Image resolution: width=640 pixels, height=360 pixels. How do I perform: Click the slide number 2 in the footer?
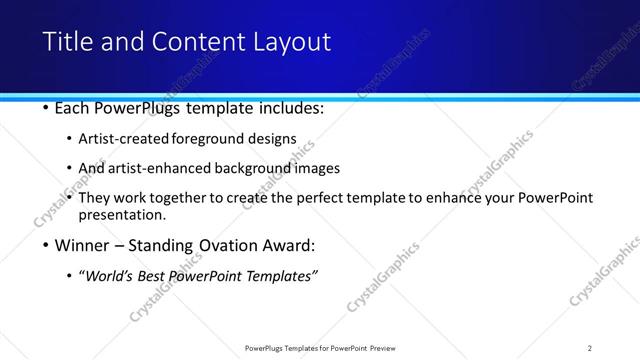tap(590, 347)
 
